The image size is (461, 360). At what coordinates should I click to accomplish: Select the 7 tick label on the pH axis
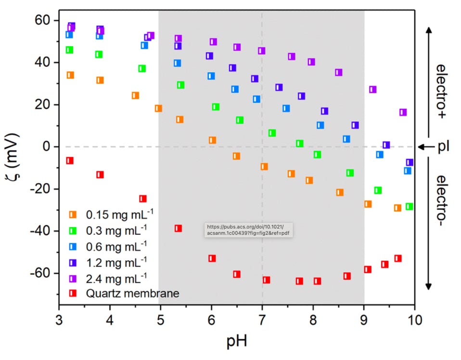[262, 320]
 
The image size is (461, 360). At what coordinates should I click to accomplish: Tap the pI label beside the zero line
[443, 146]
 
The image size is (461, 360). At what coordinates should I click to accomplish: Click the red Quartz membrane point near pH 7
[266, 280]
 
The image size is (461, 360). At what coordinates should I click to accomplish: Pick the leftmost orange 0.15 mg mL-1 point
[70, 75]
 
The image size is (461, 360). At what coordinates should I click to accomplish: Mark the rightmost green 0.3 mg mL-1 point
[409, 206]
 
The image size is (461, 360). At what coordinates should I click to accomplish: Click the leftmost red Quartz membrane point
[70, 160]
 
